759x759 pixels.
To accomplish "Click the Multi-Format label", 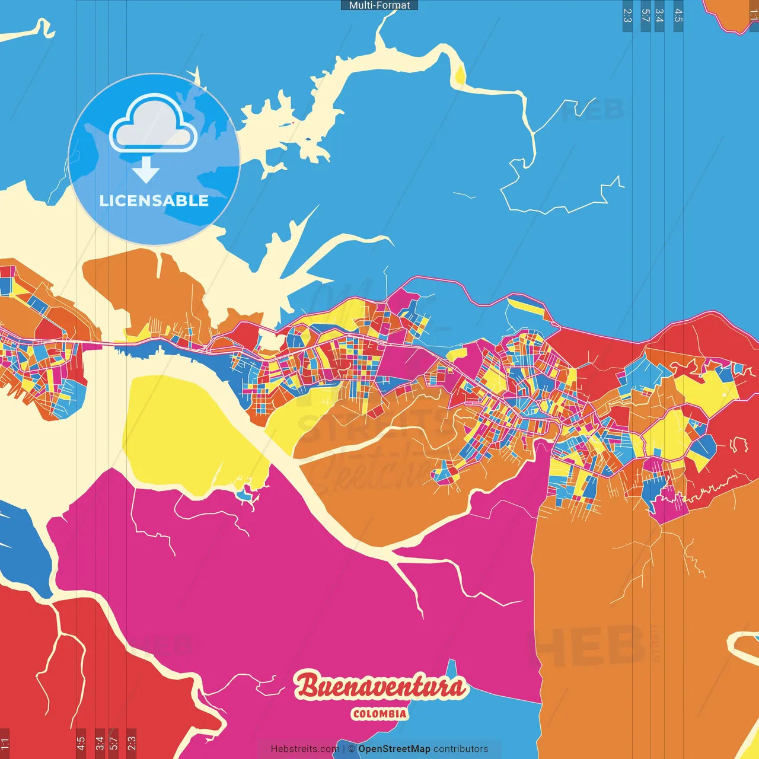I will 379,5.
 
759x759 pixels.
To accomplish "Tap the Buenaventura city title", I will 380,687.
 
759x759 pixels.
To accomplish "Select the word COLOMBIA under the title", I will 379,714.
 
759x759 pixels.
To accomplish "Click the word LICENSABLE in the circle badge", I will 154,200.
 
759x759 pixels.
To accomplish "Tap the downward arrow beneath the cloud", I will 146,170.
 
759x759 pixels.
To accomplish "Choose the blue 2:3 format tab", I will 627,16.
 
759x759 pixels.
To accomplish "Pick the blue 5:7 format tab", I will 646,16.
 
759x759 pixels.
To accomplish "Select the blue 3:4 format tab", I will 659,16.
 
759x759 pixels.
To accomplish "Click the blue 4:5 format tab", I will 678,16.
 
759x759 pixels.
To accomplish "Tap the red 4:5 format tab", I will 81,742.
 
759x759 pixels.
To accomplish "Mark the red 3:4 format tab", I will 100,742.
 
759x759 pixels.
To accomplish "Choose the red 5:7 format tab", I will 114,742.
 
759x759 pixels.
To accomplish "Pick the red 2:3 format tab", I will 132,742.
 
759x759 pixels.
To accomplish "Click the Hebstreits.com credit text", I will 305,749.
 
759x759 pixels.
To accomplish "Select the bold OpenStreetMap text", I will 394,749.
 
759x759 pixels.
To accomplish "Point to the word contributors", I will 461,749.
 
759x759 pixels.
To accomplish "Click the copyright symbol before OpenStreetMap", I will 352,749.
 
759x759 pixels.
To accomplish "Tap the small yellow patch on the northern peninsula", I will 460,75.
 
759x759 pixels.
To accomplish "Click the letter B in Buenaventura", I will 308,687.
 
